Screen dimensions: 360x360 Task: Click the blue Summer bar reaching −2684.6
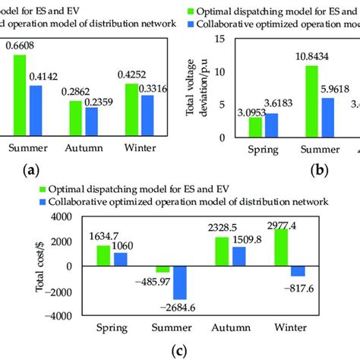179,283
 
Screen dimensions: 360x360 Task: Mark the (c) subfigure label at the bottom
179,350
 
